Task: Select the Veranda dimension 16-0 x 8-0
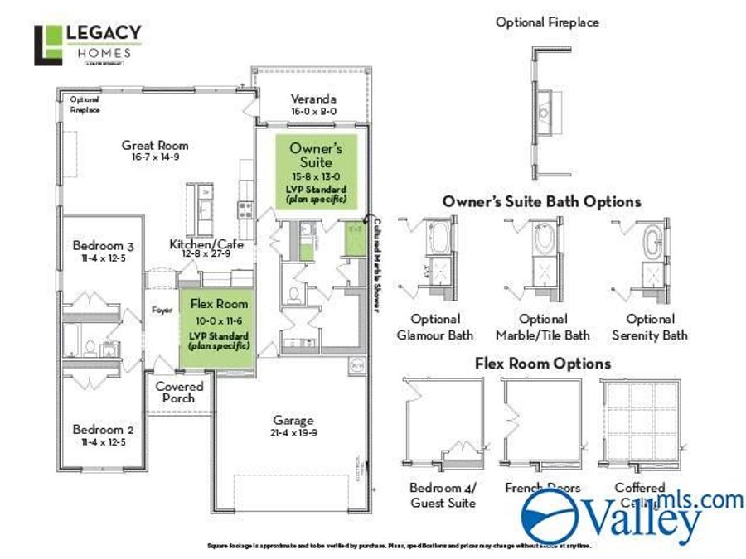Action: coord(312,111)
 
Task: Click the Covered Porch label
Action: coord(180,393)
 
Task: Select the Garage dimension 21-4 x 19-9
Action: coord(294,433)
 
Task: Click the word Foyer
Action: coord(161,311)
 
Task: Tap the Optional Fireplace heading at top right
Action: coord(547,22)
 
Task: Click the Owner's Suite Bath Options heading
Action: coord(541,201)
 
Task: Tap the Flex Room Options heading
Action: coord(543,364)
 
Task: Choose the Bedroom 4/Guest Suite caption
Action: coord(443,495)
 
